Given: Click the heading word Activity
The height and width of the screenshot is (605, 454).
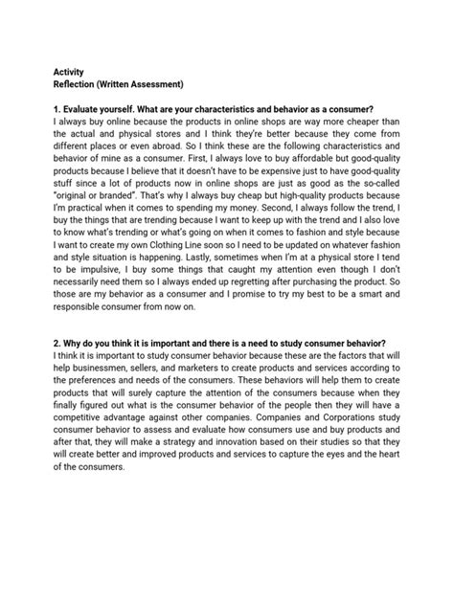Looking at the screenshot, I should (x=65, y=71).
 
